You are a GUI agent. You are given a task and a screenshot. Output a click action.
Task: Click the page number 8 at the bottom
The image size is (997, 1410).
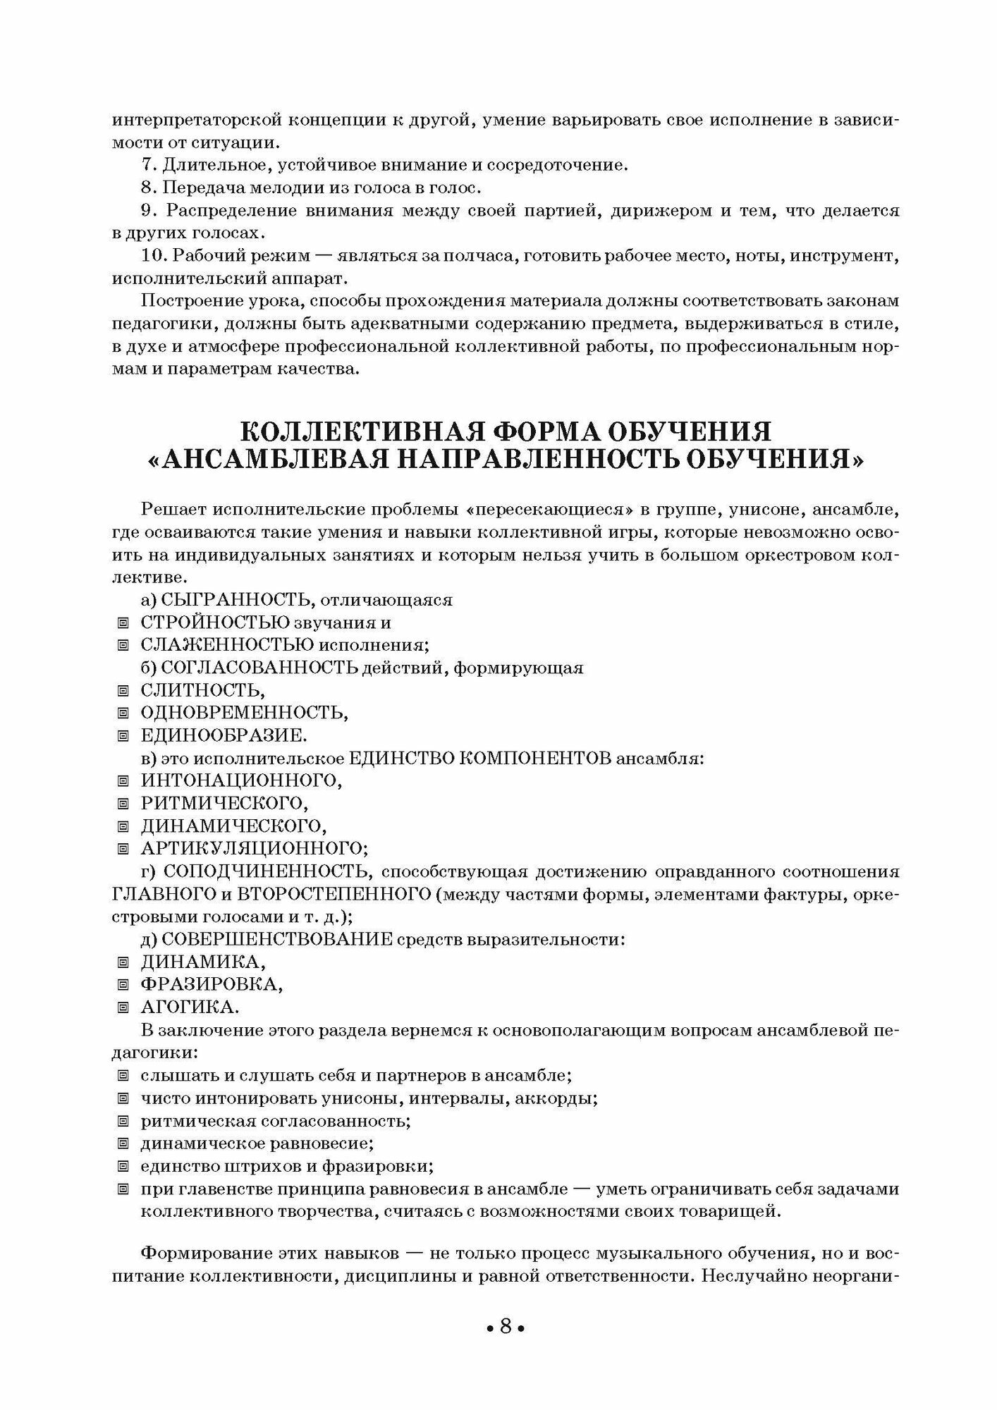[505, 1327]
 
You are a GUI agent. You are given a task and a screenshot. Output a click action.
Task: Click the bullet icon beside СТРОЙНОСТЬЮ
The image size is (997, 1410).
[123, 623]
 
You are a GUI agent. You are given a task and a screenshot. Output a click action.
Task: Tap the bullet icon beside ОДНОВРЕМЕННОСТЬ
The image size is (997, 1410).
[123, 713]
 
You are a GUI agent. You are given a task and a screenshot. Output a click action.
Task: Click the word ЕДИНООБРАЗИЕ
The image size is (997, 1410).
[224, 735]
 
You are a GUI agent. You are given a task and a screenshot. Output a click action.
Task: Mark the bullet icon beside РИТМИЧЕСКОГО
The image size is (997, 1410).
[123, 803]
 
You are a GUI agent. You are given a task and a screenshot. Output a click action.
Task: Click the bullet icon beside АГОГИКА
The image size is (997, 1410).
[123, 1007]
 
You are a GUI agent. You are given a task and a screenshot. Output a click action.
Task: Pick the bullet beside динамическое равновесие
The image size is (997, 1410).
[123, 1143]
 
